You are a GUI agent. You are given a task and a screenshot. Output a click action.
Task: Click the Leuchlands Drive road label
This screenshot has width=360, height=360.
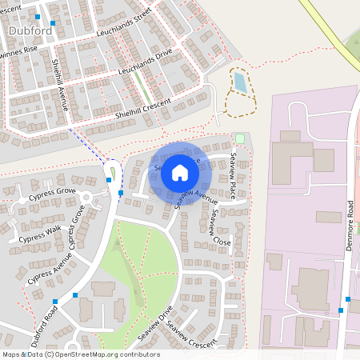pyautogui.click(x=145, y=64)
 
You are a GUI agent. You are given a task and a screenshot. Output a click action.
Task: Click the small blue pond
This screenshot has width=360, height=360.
pyautogui.click(x=239, y=82)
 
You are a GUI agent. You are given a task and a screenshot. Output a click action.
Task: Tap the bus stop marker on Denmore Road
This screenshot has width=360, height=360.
pyautogui.click(x=341, y=310)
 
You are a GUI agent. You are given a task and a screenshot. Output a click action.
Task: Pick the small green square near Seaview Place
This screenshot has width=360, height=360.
pyautogui.click(x=239, y=138)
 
